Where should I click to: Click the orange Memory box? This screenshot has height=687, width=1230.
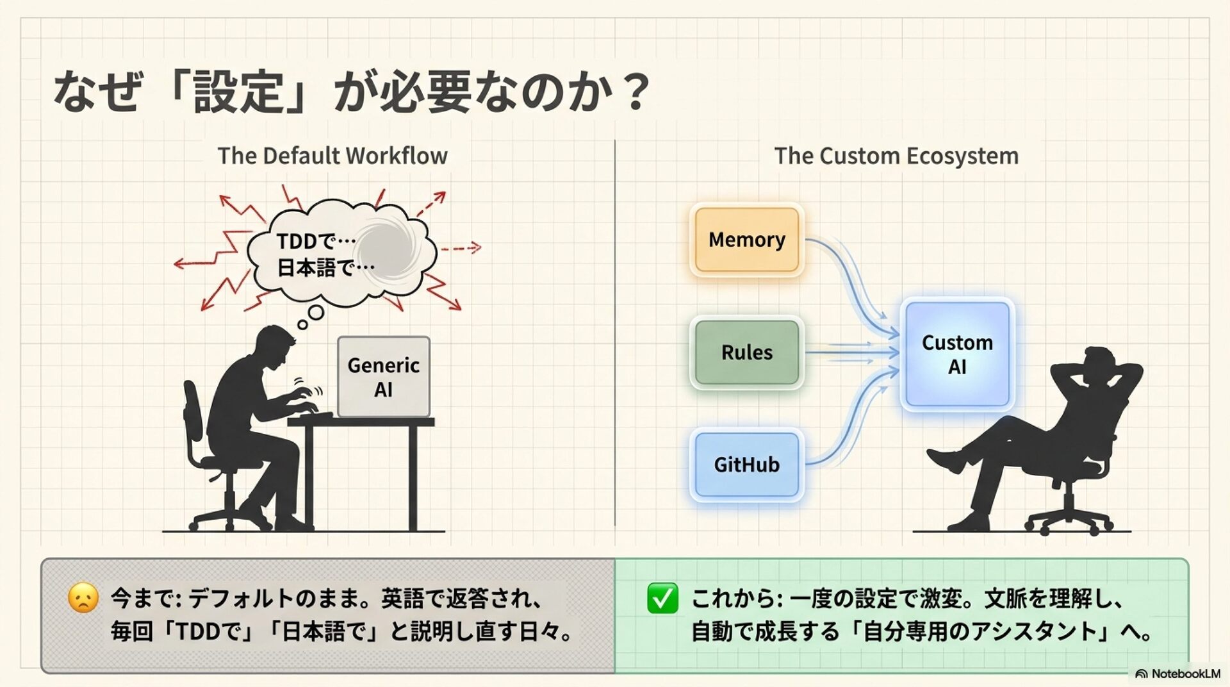[x=747, y=240]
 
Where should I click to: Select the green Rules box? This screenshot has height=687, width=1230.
[x=747, y=352]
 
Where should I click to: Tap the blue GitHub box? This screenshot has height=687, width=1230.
[x=747, y=465]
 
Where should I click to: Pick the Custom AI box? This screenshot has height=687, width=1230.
[x=957, y=355]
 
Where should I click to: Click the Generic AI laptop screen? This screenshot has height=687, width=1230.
[x=383, y=377]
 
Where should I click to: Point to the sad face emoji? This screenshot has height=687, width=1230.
[x=83, y=598]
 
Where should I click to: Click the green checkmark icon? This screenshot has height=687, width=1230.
[x=662, y=599]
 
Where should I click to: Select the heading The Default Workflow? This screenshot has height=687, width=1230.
[x=332, y=156]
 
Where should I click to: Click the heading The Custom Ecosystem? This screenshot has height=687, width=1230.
[x=896, y=156]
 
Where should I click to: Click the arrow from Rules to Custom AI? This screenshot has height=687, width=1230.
[x=852, y=352]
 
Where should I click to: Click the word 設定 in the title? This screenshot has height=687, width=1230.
[x=238, y=92]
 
